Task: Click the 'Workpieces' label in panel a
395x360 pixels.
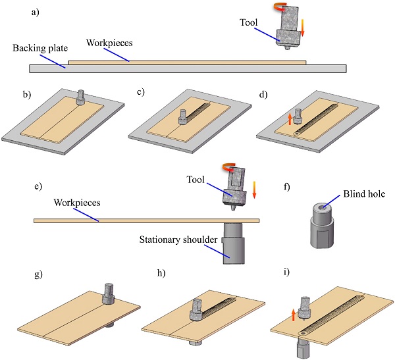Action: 110,41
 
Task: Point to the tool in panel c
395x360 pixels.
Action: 182,118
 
